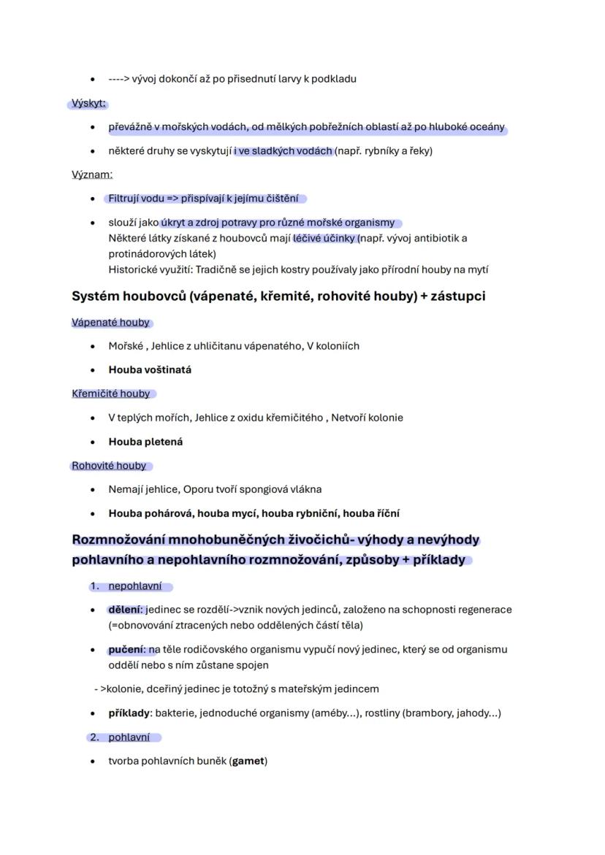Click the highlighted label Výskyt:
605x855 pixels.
[88, 104]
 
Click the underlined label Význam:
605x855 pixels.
[91, 175]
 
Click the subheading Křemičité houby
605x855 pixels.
[110, 394]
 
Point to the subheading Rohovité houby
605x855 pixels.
[109, 466]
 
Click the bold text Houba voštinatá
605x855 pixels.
[150, 369]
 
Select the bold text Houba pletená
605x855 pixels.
[145, 442]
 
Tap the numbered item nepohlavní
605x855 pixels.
[136, 586]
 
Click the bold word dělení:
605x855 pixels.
[126, 610]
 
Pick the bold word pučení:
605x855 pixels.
[126, 649]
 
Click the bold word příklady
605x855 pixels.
[129, 713]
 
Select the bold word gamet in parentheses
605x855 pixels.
[248, 761]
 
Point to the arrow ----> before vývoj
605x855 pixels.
[119, 79]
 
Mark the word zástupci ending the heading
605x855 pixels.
[458, 296]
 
